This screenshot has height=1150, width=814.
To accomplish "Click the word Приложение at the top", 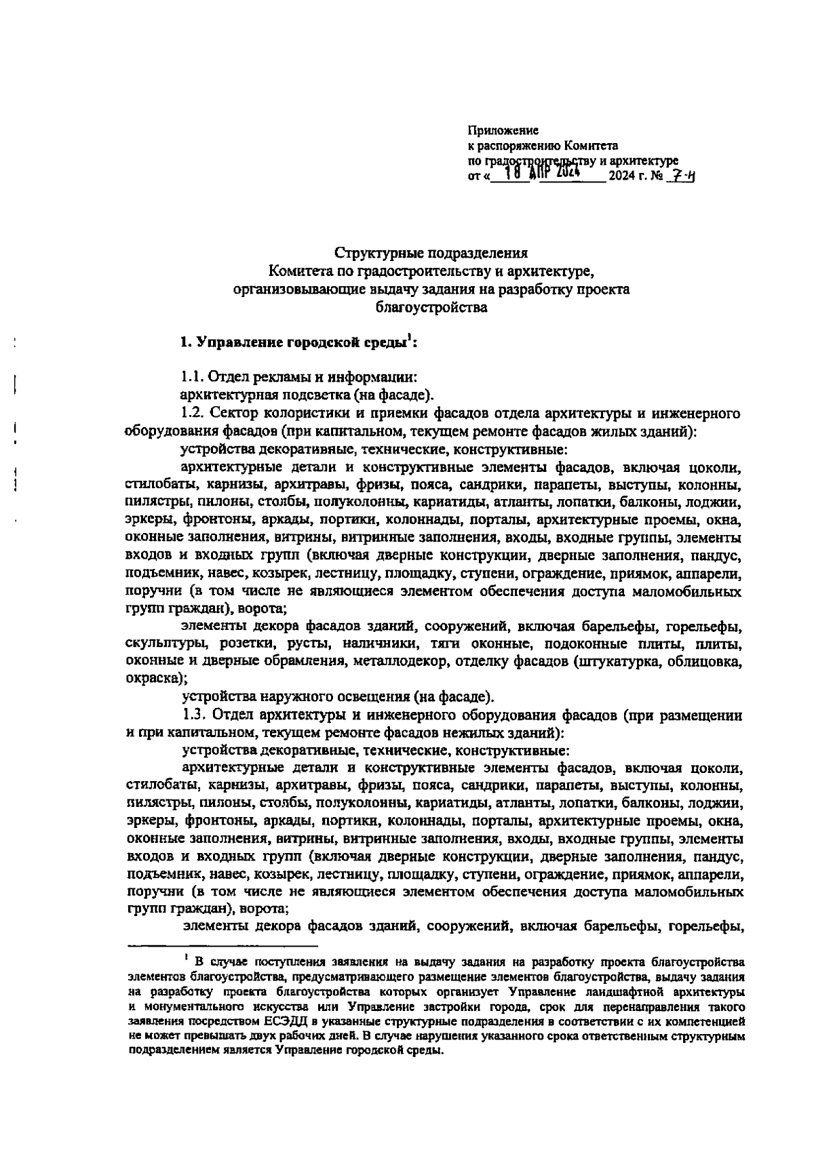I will point(503,130).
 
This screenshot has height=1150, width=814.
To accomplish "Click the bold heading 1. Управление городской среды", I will point(298,342).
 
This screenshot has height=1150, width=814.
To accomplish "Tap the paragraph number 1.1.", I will point(191,376).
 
